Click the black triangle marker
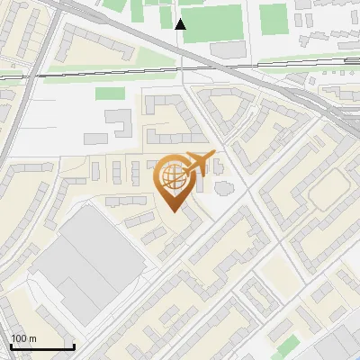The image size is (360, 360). [x=180, y=24]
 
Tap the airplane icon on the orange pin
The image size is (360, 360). [x=199, y=162]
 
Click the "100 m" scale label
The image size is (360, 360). [x=23, y=338]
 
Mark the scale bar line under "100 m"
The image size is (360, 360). [x=41, y=346]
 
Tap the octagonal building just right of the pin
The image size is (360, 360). [x=222, y=187]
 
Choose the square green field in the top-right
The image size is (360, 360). [x=274, y=17]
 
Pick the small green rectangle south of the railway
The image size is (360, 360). [x=110, y=94]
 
